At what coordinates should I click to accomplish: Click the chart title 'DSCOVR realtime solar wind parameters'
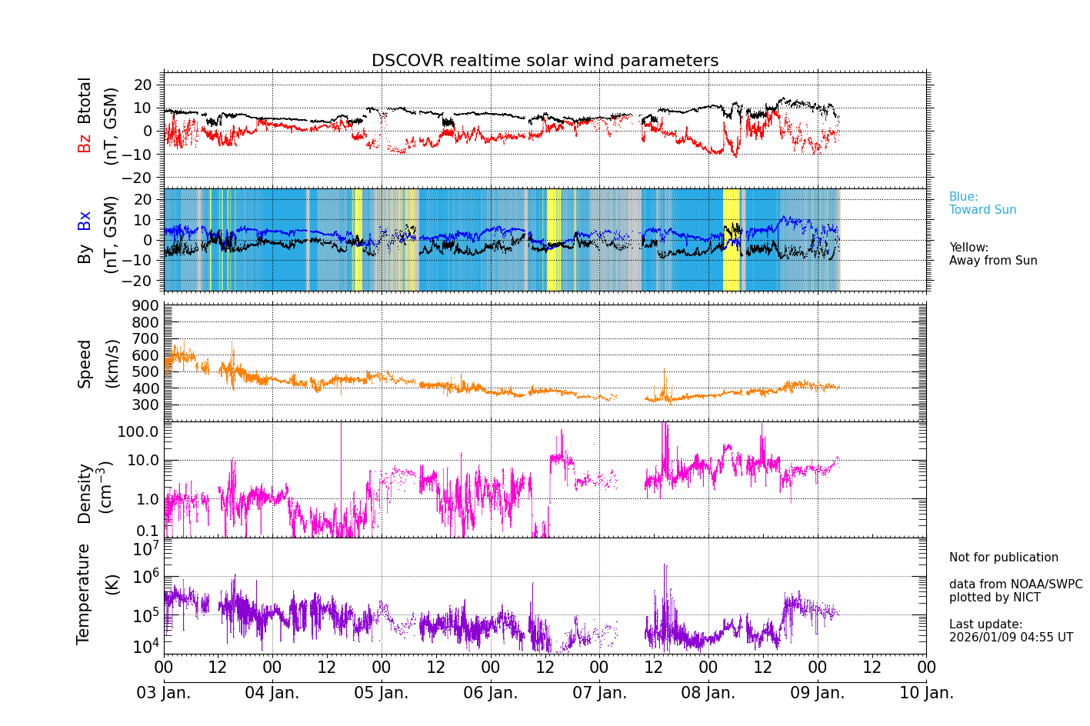(545, 61)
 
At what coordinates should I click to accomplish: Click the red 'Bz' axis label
(84, 143)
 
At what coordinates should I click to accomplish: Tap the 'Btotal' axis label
(84, 100)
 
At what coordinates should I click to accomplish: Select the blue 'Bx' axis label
(84, 221)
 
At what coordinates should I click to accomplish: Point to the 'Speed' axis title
(84, 364)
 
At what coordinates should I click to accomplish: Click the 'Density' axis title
(84, 493)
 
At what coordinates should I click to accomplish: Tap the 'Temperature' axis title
(84, 593)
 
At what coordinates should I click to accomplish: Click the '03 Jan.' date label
(163, 693)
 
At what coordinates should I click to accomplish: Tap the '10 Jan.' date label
(926, 693)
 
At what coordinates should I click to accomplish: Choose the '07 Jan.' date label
(599, 693)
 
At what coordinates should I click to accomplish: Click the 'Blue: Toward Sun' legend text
(982, 203)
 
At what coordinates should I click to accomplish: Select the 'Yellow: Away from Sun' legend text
(992, 254)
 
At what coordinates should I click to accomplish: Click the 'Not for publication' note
(1003, 558)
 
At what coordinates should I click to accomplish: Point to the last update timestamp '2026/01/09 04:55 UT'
(1011, 638)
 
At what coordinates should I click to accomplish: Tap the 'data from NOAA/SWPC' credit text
(1015, 584)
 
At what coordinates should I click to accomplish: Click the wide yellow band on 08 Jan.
(731, 239)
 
